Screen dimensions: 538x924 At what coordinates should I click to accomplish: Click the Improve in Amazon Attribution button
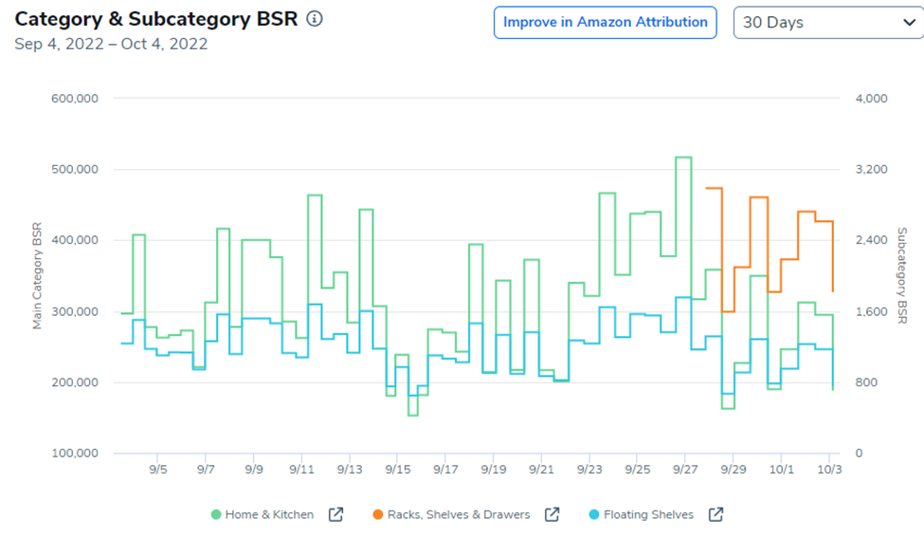click(x=605, y=22)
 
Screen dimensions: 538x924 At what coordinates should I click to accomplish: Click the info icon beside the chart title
click(x=315, y=18)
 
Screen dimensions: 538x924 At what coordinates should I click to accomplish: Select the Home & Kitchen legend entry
click(x=269, y=514)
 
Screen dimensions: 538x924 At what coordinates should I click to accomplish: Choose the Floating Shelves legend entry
click(x=648, y=514)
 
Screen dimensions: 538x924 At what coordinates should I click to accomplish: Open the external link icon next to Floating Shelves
click(x=716, y=514)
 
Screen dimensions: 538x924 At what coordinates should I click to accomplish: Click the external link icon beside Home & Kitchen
click(x=335, y=514)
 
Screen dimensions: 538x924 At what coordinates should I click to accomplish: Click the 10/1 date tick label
click(x=782, y=469)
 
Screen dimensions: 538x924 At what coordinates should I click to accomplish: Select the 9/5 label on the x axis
click(x=158, y=469)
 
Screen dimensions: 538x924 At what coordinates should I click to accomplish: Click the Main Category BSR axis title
click(x=38, y=276)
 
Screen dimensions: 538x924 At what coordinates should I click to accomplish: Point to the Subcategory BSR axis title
click(x=901, y=276)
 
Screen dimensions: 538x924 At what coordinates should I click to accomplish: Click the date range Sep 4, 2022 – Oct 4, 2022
click(x=111, y=44)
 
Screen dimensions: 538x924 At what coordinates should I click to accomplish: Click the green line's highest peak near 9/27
click(x=683, y=158)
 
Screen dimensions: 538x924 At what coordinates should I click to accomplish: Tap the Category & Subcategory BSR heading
click(x=154, y=19)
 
